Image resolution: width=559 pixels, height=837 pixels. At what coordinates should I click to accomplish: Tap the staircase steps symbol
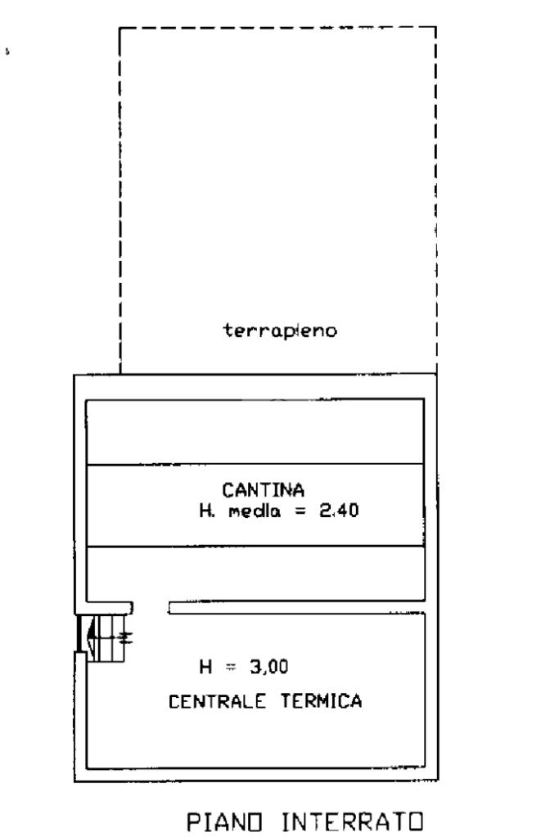point(111,637)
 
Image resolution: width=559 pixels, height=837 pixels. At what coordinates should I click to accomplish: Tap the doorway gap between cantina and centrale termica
point(151,607)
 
